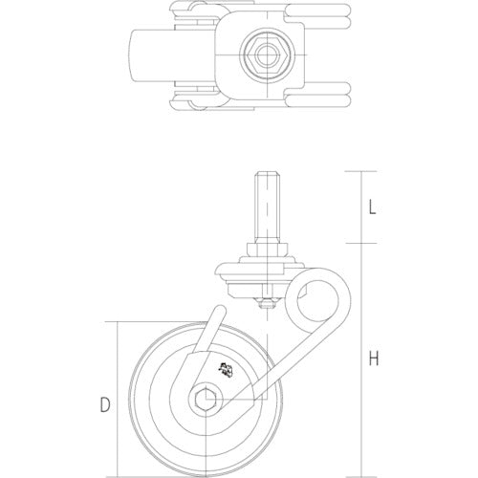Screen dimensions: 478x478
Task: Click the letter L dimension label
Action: click(x=375, y=205)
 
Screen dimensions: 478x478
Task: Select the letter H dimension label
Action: click(x=375, y=359)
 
